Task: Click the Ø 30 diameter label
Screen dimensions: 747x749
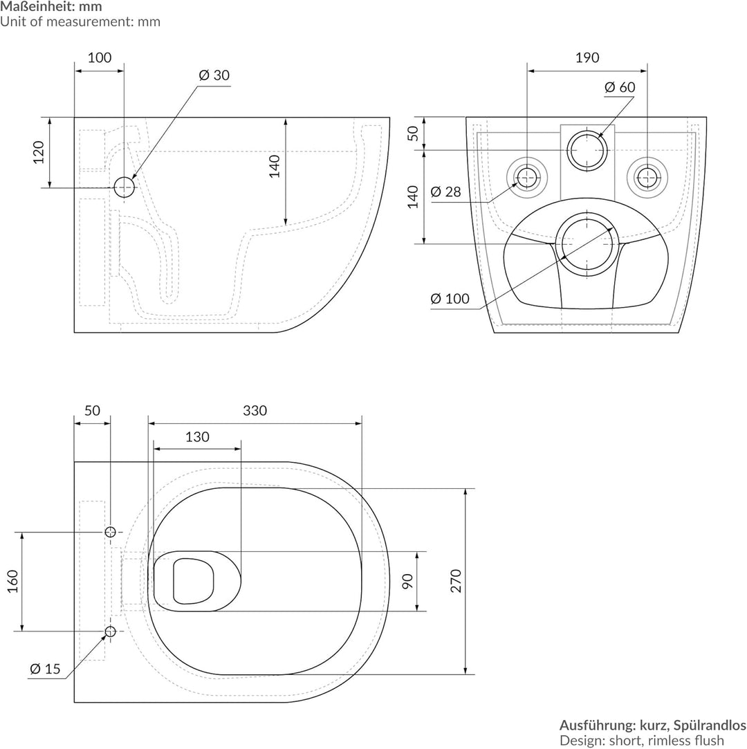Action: (214, 75)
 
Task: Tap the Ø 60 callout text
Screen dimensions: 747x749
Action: (620, 87)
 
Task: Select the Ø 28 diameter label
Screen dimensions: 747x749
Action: (445, 192)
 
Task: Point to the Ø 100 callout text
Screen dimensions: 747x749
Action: (450, 299)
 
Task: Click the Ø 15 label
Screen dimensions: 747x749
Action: (46, 669)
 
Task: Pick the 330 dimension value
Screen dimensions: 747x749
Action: (255, 411)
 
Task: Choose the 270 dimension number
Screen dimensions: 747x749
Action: (456, 581)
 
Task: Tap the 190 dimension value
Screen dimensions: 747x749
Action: (587, 58)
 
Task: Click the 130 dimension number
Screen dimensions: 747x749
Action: (197, 437)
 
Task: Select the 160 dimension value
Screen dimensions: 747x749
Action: (13, 582)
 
